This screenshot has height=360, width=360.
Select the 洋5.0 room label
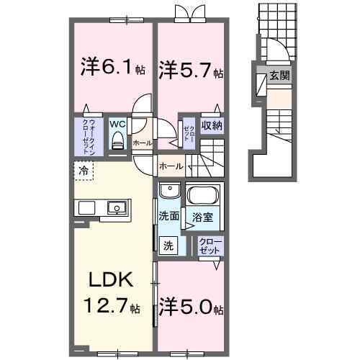[x=191, y=308]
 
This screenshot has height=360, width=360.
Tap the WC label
[x=117, y=123]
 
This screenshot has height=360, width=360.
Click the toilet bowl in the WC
[x=117, y=141]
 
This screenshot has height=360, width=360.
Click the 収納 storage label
[x=211, y=127]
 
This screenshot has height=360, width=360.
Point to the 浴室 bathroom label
[x=202, y=217]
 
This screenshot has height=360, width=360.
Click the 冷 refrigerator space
[x=84, y=171]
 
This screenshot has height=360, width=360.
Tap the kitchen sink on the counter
[x=116, y=209]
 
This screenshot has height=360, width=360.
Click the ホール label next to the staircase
[x=170, y=166]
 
